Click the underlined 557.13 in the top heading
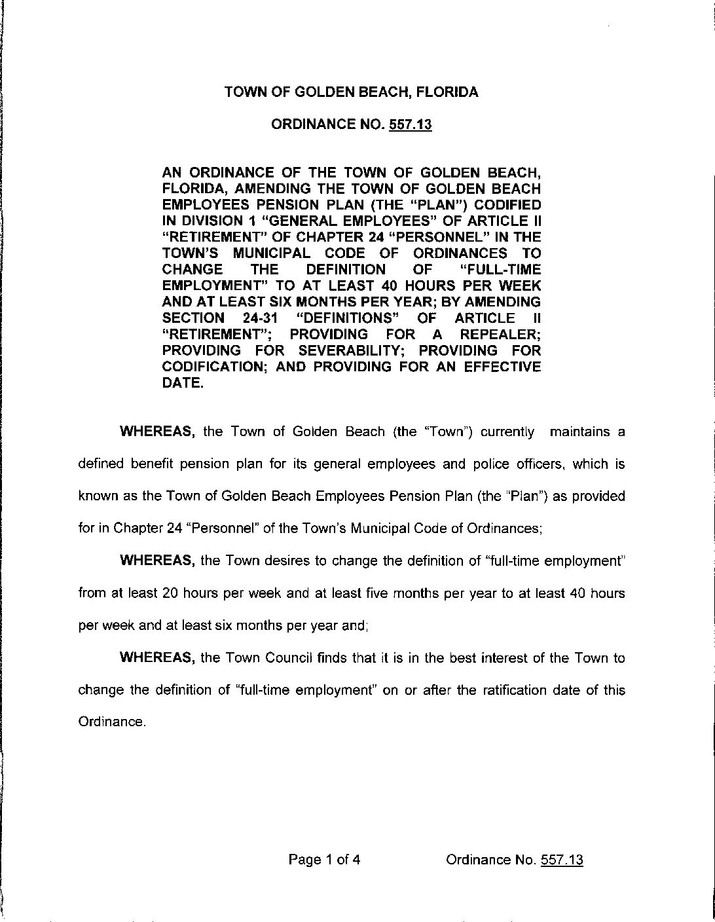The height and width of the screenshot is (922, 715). (410, 124)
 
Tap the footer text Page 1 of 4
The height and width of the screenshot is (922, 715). (325, 860)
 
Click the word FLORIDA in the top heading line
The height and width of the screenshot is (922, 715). (448, 92)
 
